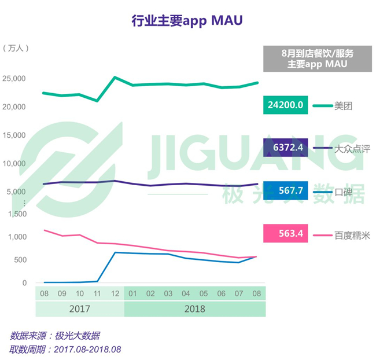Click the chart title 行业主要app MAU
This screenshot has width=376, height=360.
click(x=187, y=21)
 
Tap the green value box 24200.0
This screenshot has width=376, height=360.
click(x=285, y=105)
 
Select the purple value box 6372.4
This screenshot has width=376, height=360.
click(x=285, y=148)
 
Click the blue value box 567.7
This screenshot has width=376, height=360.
click(x=285, y=190)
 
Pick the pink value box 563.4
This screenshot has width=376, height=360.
click(x=285, y=233)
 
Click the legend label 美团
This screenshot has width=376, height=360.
click(x=343, y=106)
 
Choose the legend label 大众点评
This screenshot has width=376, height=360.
click(x=352, y=149)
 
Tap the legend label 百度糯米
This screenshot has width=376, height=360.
click(x=352, y=236)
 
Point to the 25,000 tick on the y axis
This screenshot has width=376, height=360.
click(x=14, y=79)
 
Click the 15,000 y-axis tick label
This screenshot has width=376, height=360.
click(x=14, y=135)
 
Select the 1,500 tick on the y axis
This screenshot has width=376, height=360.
click(x=17, y=214)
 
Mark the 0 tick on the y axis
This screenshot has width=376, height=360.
click(x=24, y=283)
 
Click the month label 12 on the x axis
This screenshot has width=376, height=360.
click(x=115, y=293)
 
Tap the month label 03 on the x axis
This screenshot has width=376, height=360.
click(x=168, y=293)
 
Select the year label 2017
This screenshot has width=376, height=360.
click(x=80, y=309)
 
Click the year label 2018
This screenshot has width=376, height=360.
click(x=195, y=309)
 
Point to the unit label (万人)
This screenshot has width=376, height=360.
click(x=16, y=48)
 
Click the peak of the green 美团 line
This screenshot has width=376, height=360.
click(x=115, y=78)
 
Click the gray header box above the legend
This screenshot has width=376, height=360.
click(x=318, y=58)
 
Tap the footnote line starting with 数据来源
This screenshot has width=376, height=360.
click(x=55, y=336)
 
